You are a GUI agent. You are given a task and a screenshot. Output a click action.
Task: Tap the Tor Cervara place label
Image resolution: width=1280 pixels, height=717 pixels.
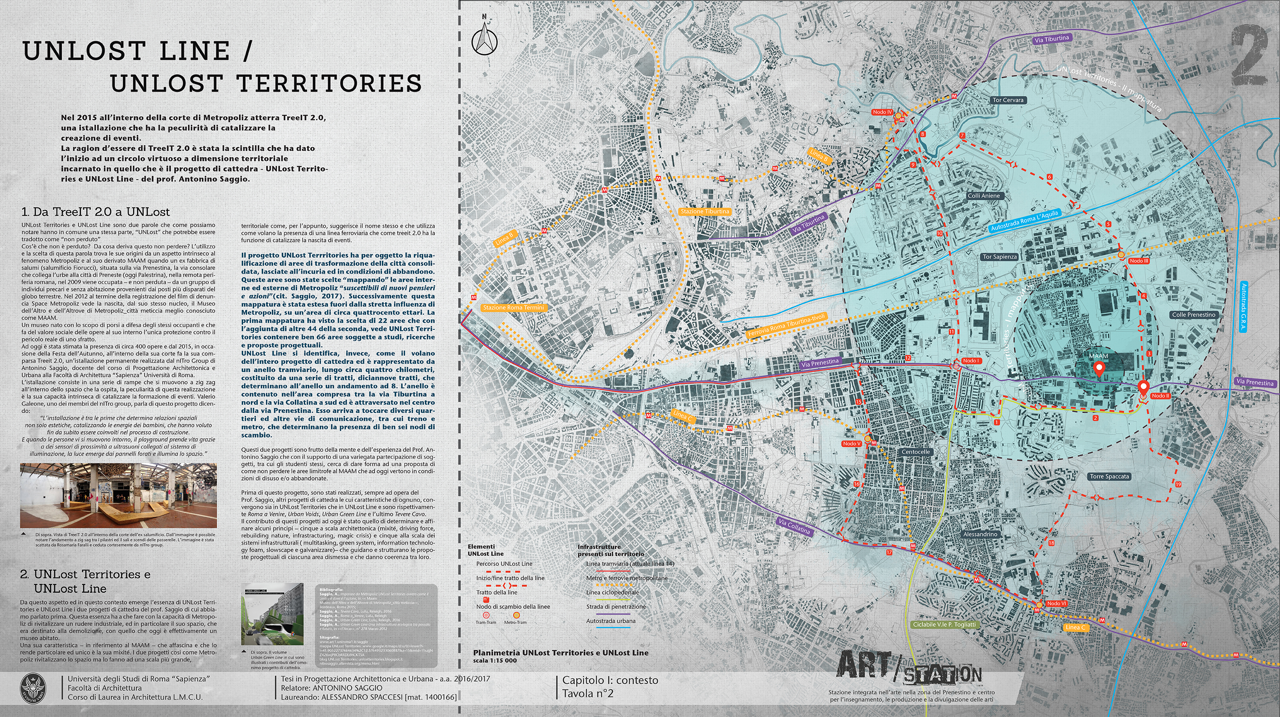[1008, 100]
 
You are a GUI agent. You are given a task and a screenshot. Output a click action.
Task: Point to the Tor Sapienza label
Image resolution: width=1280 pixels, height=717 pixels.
[1000, 257]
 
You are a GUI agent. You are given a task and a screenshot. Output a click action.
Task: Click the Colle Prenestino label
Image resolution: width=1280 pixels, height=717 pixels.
[1194, 315]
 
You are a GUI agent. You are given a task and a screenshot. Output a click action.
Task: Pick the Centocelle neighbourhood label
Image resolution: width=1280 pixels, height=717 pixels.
[916, 452]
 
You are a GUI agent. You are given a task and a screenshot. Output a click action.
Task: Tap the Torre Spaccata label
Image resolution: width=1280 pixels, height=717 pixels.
[1109, 476]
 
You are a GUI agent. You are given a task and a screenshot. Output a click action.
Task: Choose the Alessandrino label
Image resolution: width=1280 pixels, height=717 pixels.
[980, 534]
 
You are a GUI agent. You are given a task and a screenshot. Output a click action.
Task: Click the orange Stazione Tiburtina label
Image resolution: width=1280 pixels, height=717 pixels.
[705, 211]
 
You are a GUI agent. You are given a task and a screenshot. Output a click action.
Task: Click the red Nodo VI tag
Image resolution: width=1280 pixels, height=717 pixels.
[1056, 604]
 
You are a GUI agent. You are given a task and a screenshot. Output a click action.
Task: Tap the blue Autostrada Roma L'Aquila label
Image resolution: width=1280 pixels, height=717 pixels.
[1025, 221]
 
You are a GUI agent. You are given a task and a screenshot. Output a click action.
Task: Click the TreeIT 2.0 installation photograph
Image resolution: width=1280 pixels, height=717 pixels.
[118, 496]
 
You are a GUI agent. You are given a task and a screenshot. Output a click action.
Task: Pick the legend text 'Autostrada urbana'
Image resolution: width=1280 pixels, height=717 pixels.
[611, 621]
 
